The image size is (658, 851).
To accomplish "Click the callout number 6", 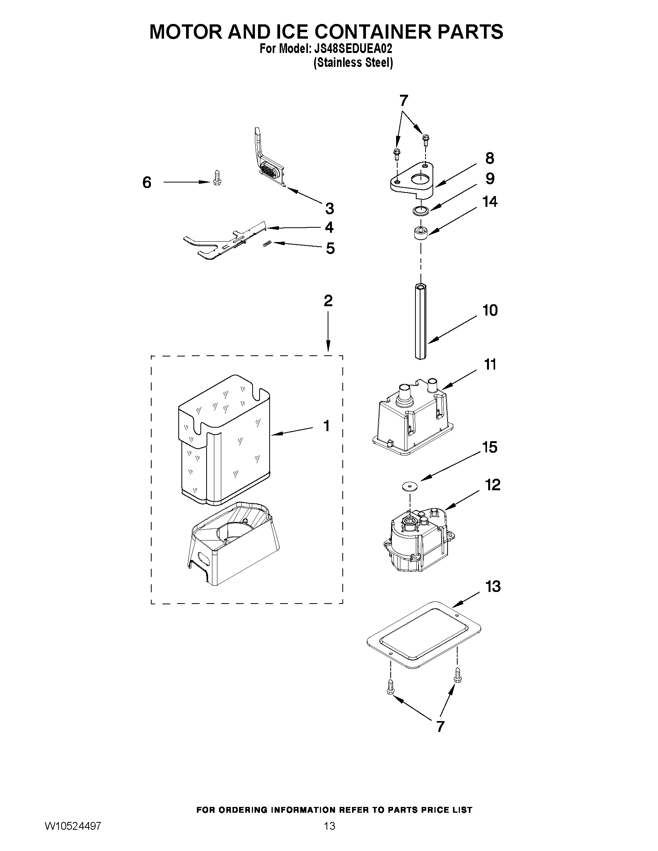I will click(147, 182).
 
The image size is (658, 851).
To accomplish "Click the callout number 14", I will click(490, 202).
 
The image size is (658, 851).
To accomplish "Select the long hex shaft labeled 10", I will click(420, 322).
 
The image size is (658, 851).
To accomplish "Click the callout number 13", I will click(493, 586).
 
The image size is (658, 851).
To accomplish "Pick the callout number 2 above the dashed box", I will click(328, 301).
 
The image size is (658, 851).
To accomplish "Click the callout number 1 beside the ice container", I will click(326, 426).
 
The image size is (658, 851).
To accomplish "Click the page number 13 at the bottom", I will click(330, 837).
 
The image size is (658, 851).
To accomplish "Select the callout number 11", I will click(490, 365).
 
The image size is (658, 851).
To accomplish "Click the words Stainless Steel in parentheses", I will click(353, 63).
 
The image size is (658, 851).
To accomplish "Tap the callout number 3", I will click(330, 209).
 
